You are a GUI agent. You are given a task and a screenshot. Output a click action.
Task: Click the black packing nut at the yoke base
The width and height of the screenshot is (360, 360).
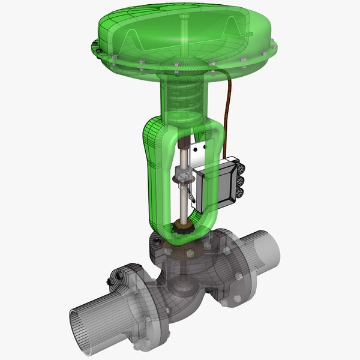(179, 229)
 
